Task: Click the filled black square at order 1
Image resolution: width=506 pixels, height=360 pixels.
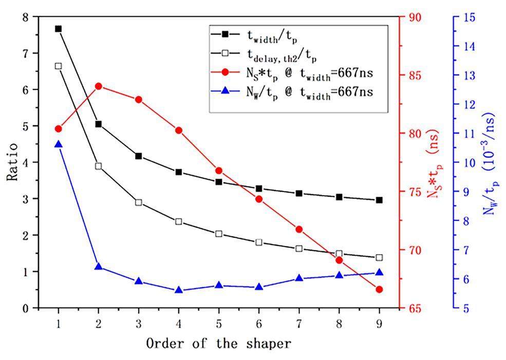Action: click(58, 29)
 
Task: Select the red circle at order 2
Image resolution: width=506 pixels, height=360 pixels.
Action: click(99, 86)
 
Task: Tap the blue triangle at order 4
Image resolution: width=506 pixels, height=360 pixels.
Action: click(179, 290)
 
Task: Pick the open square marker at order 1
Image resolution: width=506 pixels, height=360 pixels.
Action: click(58, 66)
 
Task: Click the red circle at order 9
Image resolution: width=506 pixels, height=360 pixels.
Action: click(379, 290)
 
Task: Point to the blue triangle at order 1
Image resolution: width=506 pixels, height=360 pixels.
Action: click(58, 144)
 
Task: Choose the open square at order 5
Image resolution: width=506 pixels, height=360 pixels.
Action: click(219, 234)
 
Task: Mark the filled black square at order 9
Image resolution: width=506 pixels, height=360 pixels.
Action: click(379, 200)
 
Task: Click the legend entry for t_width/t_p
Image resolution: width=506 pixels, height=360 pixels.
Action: click(272, 35)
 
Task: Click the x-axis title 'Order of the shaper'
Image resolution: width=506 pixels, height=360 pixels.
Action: click(219, 343)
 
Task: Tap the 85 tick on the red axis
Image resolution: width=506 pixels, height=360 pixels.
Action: click(415, 75)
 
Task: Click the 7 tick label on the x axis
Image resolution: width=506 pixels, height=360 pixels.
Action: click(299, 325)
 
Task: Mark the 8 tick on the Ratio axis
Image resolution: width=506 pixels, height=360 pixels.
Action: click(25, 17)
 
